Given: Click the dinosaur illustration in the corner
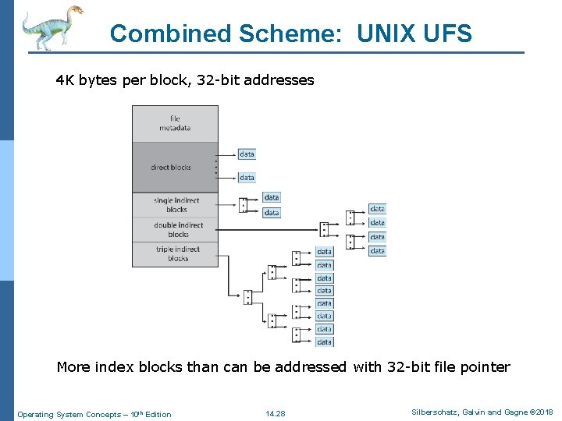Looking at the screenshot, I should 52,27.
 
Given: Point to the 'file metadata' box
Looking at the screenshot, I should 175,123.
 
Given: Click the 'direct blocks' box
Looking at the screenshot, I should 172,167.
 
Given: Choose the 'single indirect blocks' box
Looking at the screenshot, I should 176,205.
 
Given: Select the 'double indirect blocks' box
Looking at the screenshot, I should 177,230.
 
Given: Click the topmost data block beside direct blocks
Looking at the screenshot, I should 247,154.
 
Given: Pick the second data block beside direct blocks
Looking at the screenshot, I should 247,178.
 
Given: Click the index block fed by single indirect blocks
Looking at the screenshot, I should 244,205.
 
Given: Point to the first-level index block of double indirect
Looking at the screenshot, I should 324,229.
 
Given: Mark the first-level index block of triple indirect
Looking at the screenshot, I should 247,297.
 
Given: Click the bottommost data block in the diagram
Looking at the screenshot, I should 324,341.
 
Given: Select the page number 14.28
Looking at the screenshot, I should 275,413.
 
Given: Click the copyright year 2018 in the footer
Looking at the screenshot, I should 542,412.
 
